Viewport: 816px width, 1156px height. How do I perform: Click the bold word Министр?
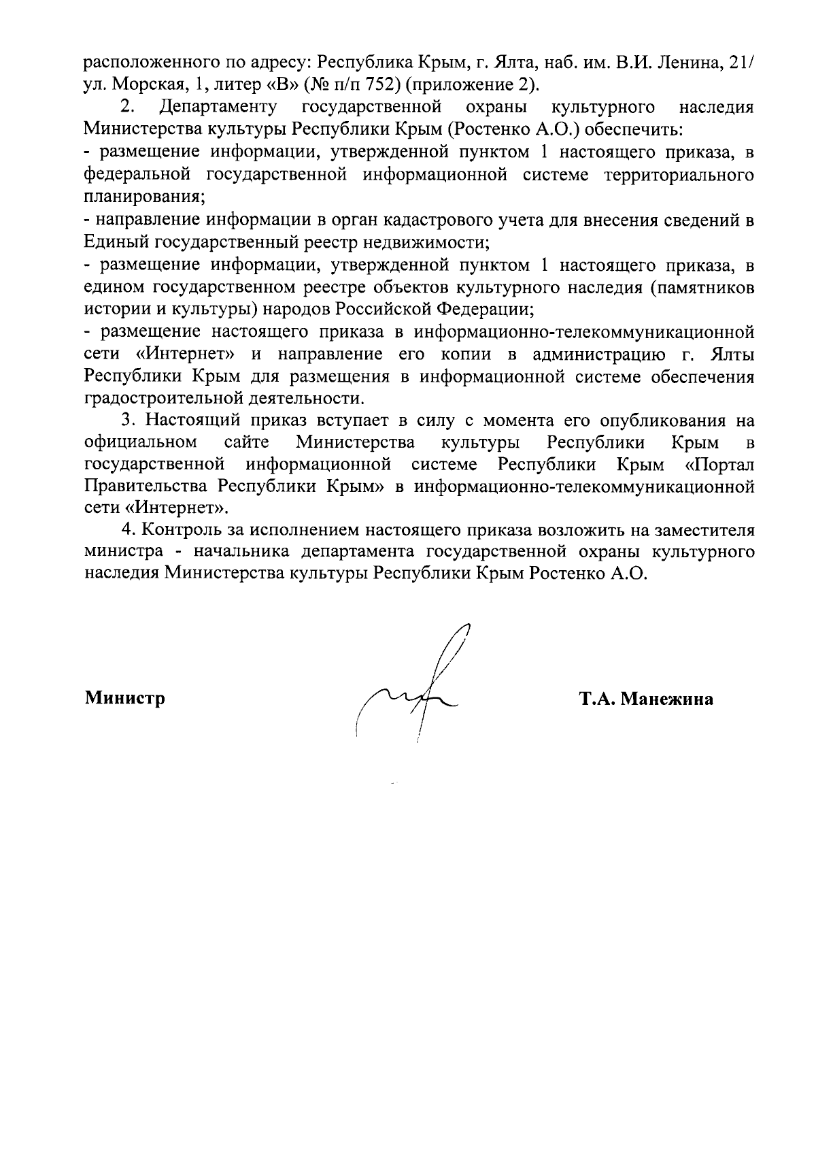pyautogui.click(x=125, y=699)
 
